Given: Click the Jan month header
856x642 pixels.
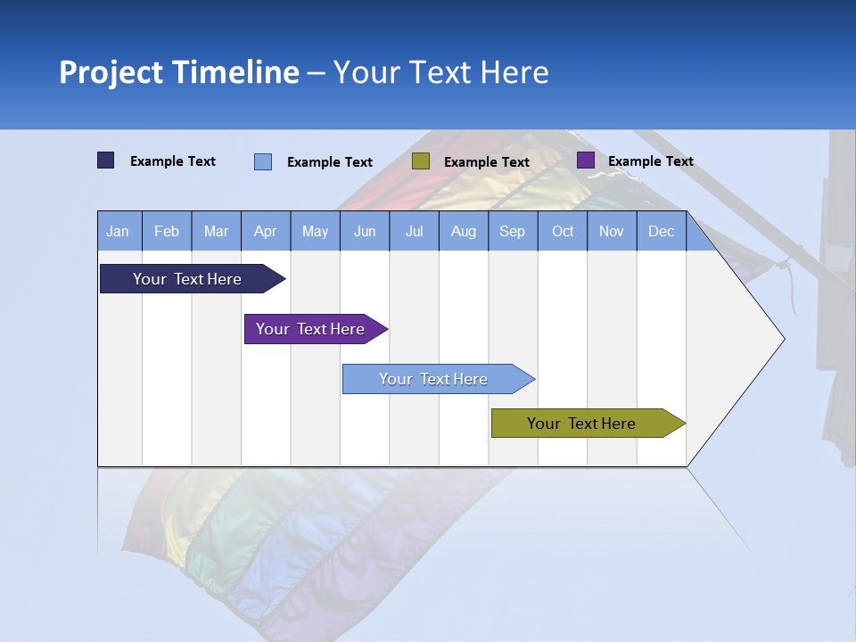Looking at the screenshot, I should (119, 231).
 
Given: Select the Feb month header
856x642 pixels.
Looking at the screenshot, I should (167, 231).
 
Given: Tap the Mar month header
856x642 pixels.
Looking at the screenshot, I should (216, 231).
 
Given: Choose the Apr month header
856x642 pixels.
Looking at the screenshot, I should (266, 231).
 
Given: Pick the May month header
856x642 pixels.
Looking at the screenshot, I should (315, 231).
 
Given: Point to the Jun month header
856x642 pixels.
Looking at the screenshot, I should (365, 231).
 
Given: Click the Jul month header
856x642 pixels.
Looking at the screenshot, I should (414, 231).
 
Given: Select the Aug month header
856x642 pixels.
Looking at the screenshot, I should (464, 231).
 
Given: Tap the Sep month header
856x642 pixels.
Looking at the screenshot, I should (513, 231).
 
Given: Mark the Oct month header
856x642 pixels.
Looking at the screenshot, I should (563, 231).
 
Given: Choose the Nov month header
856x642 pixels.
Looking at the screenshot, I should (612, 231).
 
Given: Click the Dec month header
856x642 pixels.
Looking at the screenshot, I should (662, 231).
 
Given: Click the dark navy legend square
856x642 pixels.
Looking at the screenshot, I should (106, 160).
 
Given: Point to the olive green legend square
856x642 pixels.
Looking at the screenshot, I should (421, 161).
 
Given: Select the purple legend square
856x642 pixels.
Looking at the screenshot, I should (586, 160).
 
